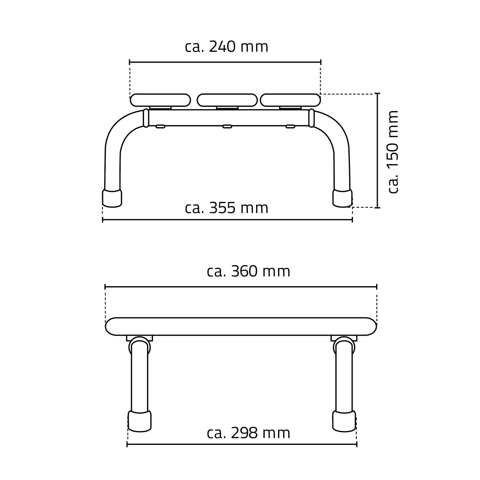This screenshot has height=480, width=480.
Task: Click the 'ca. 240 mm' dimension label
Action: [x=226, y=47]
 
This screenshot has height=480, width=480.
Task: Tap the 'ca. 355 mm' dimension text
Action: [x=226, y=208]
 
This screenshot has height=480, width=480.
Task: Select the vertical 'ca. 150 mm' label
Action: [x=393, y=152]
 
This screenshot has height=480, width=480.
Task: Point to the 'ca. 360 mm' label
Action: [x=248, y=271]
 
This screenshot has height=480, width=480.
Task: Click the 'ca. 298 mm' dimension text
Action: [x=248, y=433]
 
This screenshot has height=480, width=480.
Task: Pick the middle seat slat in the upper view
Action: [x=227, y=100]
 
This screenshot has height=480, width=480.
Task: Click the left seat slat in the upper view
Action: [x=160, y=100]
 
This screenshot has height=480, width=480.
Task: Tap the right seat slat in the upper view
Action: [x=290, y=100]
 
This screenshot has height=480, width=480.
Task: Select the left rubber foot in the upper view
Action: [x=112, y=198]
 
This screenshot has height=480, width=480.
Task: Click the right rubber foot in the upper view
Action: [x=342, y=198]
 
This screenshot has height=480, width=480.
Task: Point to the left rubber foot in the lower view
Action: [x=139, y=421]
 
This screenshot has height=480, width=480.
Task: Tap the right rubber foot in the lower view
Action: [x=344, y=421]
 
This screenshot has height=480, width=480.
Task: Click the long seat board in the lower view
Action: [x=241, y=326]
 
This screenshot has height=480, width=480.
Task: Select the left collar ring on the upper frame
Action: [x=146, y=118]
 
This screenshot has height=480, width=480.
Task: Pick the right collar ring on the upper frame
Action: [x=311, y=118]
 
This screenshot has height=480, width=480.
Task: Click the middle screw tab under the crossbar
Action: [x=227, y=126]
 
